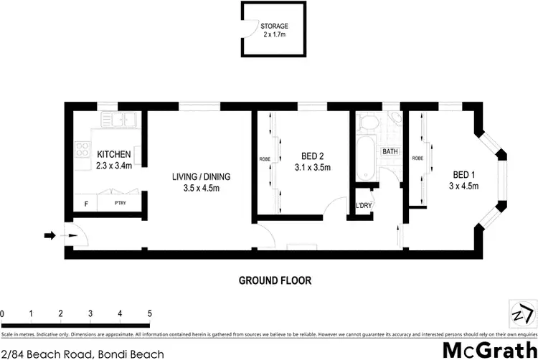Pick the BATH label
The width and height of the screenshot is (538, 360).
point(390,152)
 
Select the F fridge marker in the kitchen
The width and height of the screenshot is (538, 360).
point(86,204)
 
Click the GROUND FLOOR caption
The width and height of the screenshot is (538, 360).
point(275,280)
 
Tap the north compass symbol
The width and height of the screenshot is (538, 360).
point(522,314)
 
